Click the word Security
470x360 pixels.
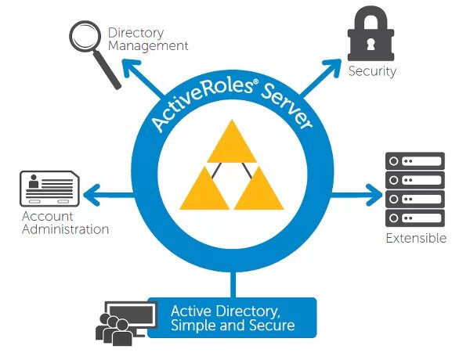click(x=372, y=71)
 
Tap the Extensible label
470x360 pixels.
click(x=415, y=238)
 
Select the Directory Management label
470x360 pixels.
click(x=148, y=39)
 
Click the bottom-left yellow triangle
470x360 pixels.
click(x=204, y=190)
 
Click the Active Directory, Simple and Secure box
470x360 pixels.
click(x=232, y=318)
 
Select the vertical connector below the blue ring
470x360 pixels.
click(x=233, y=283)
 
